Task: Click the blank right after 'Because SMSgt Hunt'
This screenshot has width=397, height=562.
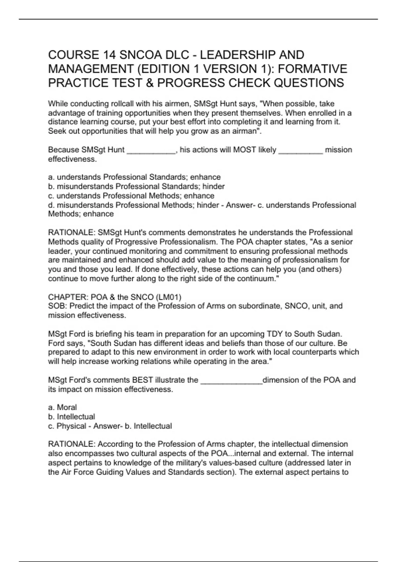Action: (151, 150)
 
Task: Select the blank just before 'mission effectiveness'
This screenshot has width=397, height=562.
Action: (300, 150)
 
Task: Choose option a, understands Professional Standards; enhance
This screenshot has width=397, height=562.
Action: (134, 177)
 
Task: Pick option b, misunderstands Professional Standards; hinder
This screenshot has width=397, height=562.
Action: (136, 186)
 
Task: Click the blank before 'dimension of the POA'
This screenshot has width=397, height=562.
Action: (231, 381)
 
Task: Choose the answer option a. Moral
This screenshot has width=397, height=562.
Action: (63, 408)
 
